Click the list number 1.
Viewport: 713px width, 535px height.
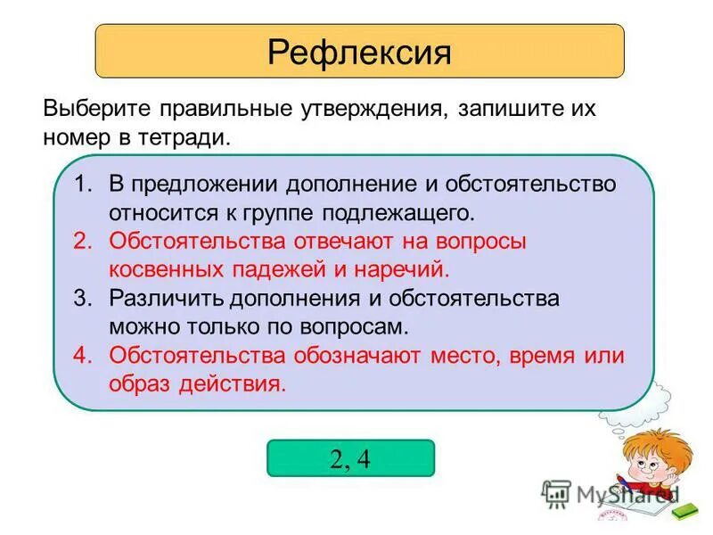tap(83, 184)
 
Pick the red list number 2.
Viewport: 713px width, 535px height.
tap(83, 241)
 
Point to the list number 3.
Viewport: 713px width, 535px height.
tap(83, 299)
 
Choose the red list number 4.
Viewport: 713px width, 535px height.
tap(83, 355)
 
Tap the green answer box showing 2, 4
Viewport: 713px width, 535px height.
tap(350, 457)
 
